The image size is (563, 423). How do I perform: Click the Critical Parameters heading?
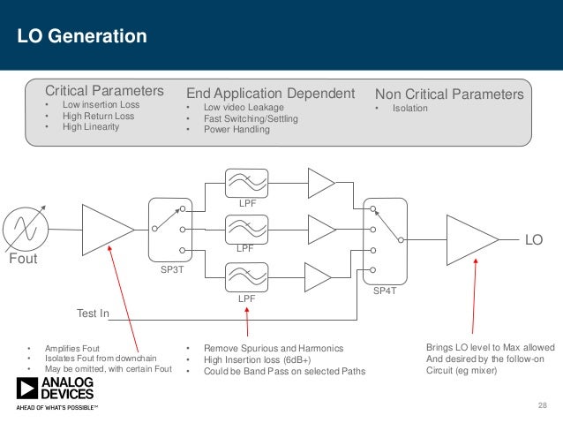[104, 92]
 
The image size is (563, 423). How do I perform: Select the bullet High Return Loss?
[97, 116]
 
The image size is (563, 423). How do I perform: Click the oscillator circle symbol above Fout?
[19, 229]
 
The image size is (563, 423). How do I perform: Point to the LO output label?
[534, 239]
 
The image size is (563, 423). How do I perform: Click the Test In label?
[93, 313]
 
